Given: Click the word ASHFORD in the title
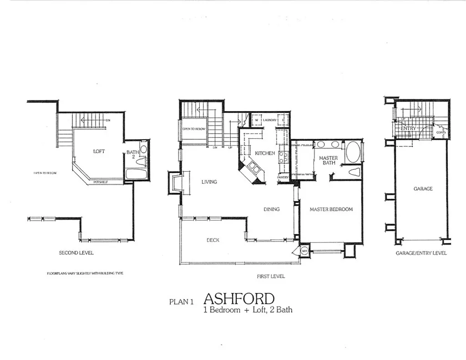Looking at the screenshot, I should [239, 299].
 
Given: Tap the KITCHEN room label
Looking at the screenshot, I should [264, 153].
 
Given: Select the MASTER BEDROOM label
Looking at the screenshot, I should [331, 209].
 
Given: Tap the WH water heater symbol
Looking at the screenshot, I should [304, 250].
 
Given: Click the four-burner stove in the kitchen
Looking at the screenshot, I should [282, 157].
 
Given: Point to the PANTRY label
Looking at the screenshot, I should [283, 177].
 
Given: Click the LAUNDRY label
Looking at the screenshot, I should [270, 120].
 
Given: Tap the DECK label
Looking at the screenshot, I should [213, 240].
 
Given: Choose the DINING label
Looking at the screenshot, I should [271, 209].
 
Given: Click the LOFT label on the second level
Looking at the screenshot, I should [99, 151].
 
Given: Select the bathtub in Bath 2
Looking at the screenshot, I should [136, 174].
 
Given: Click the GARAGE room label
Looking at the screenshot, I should [423, 188].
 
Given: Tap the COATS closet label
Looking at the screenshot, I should [441, 132].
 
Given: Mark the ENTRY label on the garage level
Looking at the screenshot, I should [408, 128].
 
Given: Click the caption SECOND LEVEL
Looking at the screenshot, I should [76, 253].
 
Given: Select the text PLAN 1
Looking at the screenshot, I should [182, 301].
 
